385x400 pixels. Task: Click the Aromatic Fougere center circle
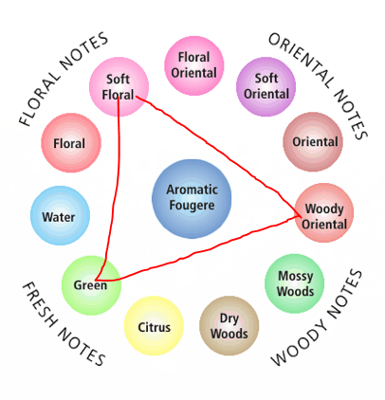pyautogui.click(x=192, y=199)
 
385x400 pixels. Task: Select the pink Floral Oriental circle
pyautogui.click(x=194, y=65)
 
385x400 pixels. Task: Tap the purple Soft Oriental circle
pyautogui.click(x=266, y=86)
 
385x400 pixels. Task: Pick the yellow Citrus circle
pyautogui.click(x=154, y=326)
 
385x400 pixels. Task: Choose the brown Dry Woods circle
pyautogui.click(x=229, y=326)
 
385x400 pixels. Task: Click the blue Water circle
pyautogui.click(x=60, y=216)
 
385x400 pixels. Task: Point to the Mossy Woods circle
pyautogui.click(x=295, y=283)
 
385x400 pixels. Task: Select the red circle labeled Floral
pyautogui.click(x=71, y=143)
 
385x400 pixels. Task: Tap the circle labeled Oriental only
pyautogui.click(x=313, y=142)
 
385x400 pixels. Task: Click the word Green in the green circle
pyautogui.click(x=90, y=285)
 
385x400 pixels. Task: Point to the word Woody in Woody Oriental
pyautogui.click(x=324, y=209)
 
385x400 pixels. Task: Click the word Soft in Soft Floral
pyautogui.click(x=118, y=79)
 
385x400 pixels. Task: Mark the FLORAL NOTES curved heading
pyautogui.click(x=63, y=79)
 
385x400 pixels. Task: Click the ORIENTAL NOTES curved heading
pyautogui.click(x=320, y=84)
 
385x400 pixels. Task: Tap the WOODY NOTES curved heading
pyautogui.click(x=317, y=318)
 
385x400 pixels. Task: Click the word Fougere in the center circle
pyautogui.click(x=192, y=206)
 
